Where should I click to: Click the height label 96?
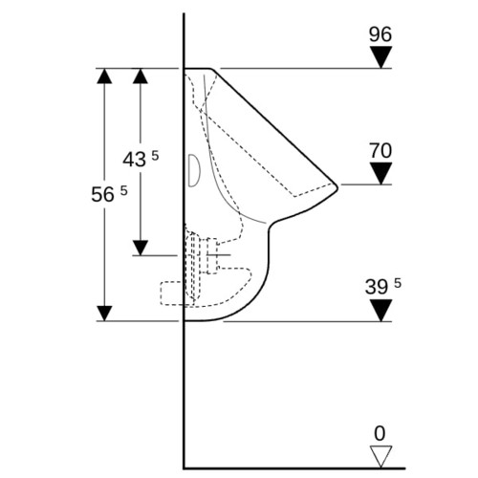pyautogui.click(x=380, y=34)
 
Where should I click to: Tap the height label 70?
pyautogui.click(x=380, y=150)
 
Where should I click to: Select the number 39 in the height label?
pyautogui.click(x=377, y=287)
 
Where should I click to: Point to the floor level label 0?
pyautogui.click(x=380, y=433)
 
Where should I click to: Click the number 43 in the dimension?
pyautogui.click(x=135, y=160)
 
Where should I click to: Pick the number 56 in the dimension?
pyautogui.click(x=102, y=194)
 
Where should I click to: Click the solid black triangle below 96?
pyautogui.click(x=380, y=57)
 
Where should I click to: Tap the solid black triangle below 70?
pyautogui.click(x=380, y=173)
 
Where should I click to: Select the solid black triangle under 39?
pyautogui.click(x=381, y=311)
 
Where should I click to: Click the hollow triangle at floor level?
pyautogui.click(x=380, y=457)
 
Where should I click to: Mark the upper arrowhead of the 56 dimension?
pyautogui.click(x=104, y=76)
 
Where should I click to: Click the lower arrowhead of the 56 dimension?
pyautogui.click(x=104, y=314)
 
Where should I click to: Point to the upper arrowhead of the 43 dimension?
pyautogui.click(x=141, y=76)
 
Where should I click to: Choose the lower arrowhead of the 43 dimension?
pyautogui.click(x=141, y=248)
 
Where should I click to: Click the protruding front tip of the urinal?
pyautogui.click(x=337, y=186)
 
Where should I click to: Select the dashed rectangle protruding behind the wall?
pyautogui.click(x=172, y=293)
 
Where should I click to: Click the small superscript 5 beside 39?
pyautogui.click(x=398, y=283)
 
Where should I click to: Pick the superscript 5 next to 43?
pyautogui.click(x=155, y=156)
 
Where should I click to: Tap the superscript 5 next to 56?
pyautogui.click(x=123, y=190)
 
